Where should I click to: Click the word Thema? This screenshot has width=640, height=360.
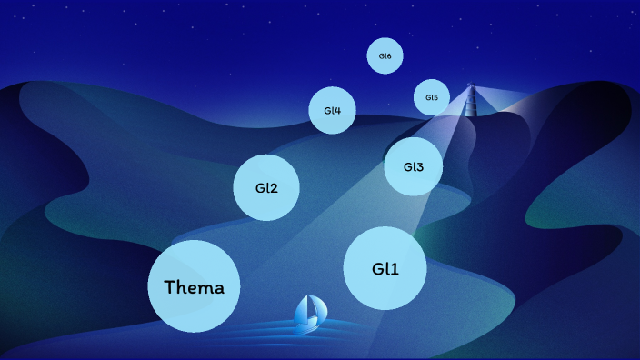coord(194,287)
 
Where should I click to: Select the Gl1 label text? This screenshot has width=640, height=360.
coord(385,269)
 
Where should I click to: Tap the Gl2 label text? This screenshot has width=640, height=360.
coord(266,188)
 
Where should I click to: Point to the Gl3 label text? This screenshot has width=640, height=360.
coord(413,167)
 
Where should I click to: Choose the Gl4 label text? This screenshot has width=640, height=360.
coord(332,111)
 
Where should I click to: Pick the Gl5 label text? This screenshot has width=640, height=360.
coord(431,97)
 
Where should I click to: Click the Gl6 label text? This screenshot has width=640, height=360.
coord(385,56)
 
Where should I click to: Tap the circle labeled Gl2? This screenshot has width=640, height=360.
coord(266,205)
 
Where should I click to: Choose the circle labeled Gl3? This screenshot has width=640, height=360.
coord(413,181)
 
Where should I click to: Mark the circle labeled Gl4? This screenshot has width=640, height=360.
coord(332,124)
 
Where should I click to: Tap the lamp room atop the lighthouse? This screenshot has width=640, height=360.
coord(471,88)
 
